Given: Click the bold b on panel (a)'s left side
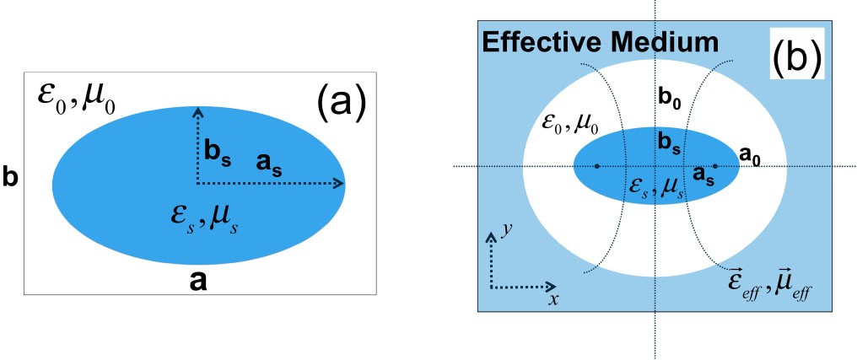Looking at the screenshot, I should (9, 179).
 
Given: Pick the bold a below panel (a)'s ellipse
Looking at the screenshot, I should (198, 282).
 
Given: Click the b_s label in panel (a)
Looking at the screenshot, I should (218, 153).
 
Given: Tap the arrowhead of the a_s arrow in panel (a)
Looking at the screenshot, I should (340, 183).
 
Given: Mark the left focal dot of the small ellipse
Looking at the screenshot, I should (597, 166).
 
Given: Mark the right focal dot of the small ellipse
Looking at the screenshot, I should (714, 166).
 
